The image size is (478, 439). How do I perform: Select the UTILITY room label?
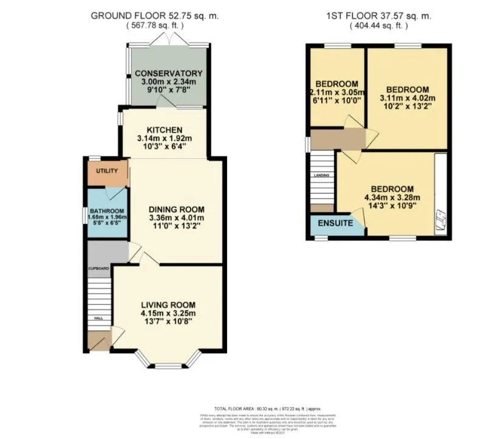pos(106,171)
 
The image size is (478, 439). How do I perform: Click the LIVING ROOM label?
pos(168,305)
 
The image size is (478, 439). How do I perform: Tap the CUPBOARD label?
pos(98,268)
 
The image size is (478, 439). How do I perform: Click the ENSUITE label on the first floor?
pos(335,224)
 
